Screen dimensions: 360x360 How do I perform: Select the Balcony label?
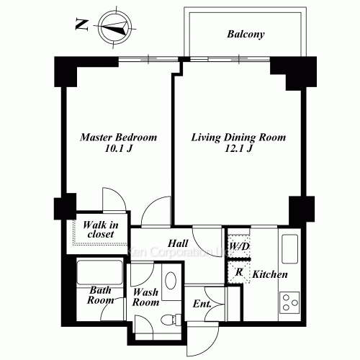click(x=246, y=34)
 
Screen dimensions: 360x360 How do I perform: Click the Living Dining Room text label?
click(x=238, y=137)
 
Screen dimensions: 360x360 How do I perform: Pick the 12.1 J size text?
click(x=238, y=150)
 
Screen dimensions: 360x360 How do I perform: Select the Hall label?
click(x=179, y=243)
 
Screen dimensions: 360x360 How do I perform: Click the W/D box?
click(x=238, y=246)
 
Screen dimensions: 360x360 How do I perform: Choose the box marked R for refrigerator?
click(x=238, y=272)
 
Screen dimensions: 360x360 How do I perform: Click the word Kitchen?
click(x=270, y=275)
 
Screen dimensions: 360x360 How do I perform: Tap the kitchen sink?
click(x=289, y=250)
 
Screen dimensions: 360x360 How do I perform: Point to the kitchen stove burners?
click(x=289, y=300)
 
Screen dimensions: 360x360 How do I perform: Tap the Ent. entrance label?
click(x=202, y=304)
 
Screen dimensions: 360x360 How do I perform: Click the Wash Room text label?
click(x=145, y=298)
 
